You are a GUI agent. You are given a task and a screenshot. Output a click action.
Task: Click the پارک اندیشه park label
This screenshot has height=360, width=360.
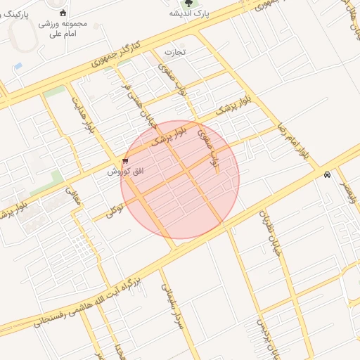189,13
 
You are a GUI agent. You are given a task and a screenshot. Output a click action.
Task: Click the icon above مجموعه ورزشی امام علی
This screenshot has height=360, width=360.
63,12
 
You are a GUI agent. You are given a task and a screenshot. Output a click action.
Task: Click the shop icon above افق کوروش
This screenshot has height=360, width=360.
125,161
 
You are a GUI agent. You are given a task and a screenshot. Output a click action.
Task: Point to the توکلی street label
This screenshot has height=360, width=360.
114,208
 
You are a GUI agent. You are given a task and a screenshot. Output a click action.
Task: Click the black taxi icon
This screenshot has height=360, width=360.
328,175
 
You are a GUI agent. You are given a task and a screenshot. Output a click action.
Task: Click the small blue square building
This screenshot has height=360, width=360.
18,65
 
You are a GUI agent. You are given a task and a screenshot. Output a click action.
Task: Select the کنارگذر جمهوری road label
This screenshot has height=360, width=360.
116,56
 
